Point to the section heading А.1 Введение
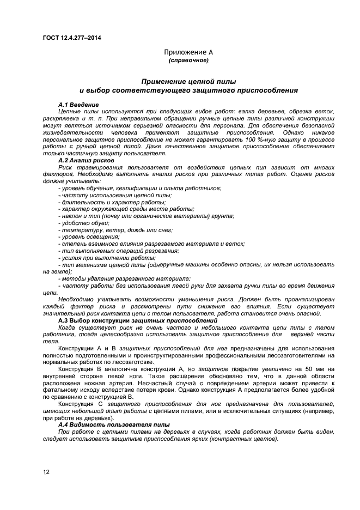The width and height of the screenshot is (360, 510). coord(78,104)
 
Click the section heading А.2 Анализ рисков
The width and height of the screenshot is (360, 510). coord(86,161)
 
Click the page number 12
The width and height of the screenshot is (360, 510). coord(47,472)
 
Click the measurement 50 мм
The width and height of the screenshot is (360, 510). coord(315,369)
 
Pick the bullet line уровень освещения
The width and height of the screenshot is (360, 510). coord(89,237)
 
